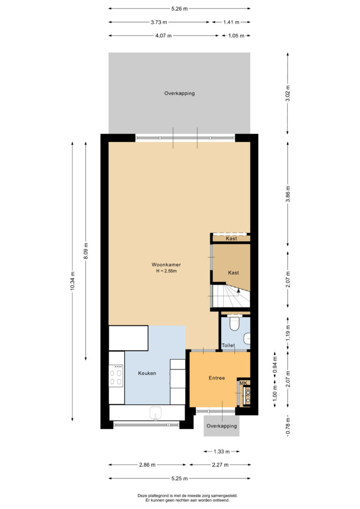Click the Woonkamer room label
[x=166, y=264]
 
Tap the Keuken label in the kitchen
[x=147, y=373]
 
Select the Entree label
[x=217, y=378]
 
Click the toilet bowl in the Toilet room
[x=234, y=324]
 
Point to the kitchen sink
[x=156, y=413]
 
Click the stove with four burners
[x=116, y=376]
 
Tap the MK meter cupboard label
[x=243, y=383]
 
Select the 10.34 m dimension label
[x=72, y=281]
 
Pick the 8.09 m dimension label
[x=86, y=251]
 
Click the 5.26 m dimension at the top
[x=180, y=9]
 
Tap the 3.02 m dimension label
[x=288, y=93]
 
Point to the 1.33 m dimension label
[x=222, y=451]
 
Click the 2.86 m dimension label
[x=147, y=465]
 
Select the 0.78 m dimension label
[x=288, y=426]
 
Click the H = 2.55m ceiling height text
[x=166, y=271]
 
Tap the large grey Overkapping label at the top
[x=180, y=93]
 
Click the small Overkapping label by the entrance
[x=222, y=426]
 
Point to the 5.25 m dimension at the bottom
[x=180, y=479]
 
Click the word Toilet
[x=228, y=345]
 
